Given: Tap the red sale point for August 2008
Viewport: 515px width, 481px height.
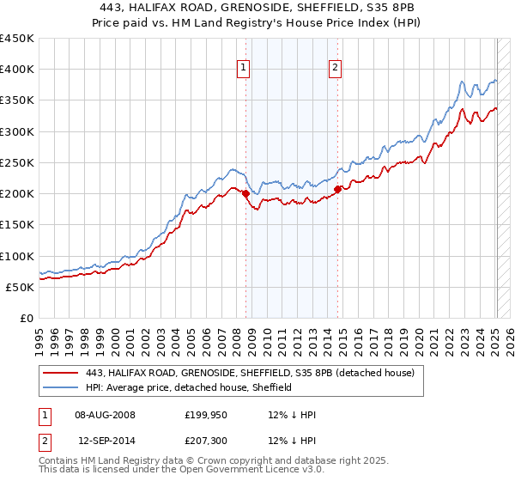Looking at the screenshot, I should pyautogui.click(x=245, y=193).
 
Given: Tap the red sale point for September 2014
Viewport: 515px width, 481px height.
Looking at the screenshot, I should pyautogui.click(x=338, y=189).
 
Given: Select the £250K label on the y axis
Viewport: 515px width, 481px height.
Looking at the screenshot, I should pyautogui.click(x=17, y=162).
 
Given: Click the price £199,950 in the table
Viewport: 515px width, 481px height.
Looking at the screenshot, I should pyautogui.click(x=205, y=414).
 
